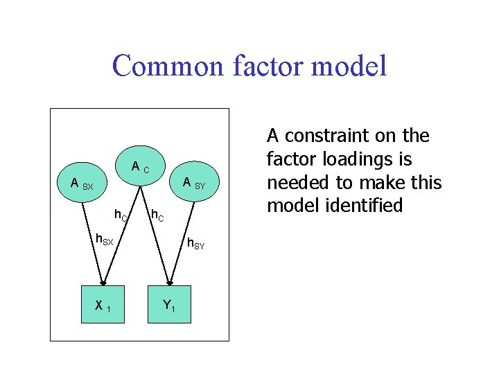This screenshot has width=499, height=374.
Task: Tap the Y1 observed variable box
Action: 168,305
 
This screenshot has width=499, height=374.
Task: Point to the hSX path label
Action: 103,240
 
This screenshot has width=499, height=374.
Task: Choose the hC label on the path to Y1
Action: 157,217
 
